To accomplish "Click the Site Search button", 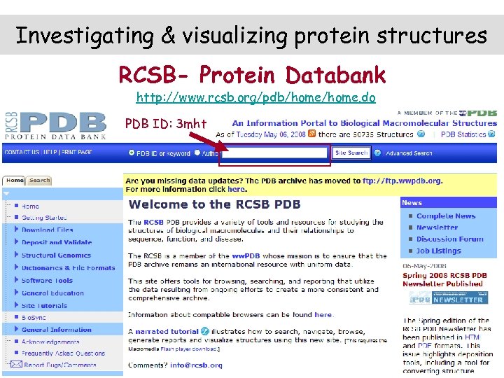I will tap(351, 153).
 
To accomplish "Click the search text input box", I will tap(275, 153).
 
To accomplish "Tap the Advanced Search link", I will tap(408, 153).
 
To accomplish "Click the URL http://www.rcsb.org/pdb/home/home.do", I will tap(255, 98).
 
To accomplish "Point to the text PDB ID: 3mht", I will tap(166, 125).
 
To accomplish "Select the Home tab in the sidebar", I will tap(15, 181).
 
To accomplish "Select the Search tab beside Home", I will tap(39, 181).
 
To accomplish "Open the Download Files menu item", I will tap(47, 230).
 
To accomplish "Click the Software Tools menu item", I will tap(47, 281).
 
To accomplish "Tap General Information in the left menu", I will tap(56, 330).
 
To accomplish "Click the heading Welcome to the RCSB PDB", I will tap(214, 204).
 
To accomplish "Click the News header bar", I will tap(448, 202).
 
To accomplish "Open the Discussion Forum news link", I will tap(449, 239).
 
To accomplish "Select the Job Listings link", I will tap(438, 251).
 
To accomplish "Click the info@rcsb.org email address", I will tap(197, 365).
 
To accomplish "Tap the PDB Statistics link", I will tap(468, 134).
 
